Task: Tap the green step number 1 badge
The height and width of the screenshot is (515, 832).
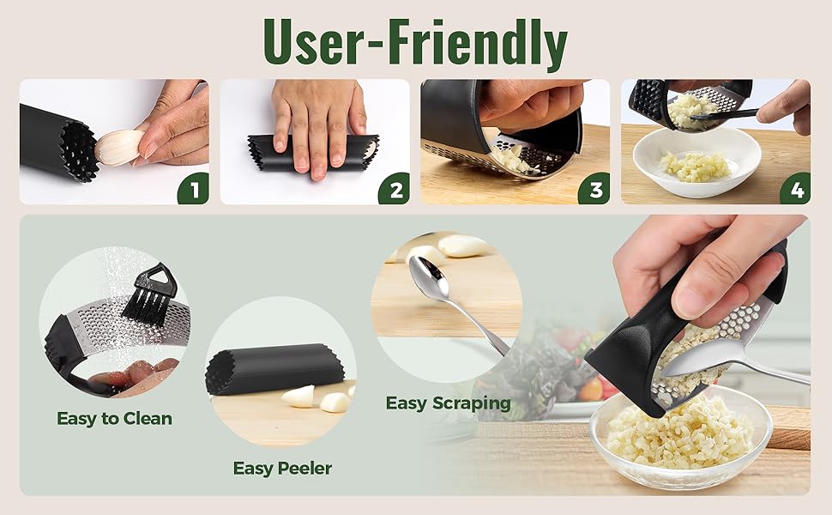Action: [x=193, y=189]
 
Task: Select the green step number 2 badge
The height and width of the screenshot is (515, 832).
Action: [x=394, y=189]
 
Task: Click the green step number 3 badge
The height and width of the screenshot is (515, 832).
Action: [x=594, y=189]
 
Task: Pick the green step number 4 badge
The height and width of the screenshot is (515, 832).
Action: [x=795, y=189]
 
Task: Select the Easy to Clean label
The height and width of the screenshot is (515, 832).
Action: [x=114, y=419]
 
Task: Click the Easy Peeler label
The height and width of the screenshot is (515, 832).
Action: [x=282, y=468]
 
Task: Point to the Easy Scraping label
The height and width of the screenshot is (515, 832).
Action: [x=448, y=403]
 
